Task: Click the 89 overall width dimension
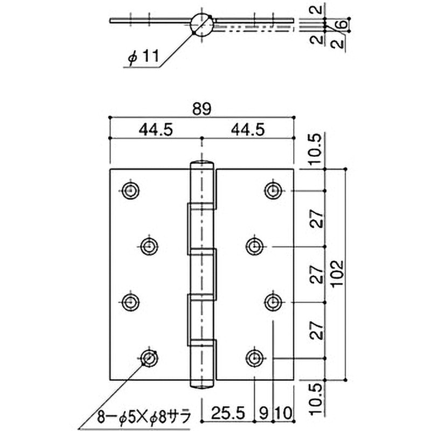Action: [x=201, y=109]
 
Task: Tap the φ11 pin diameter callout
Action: [x=144, y=57]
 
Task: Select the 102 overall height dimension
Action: [x=337, y=274]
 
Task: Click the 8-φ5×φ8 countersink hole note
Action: [x=144, y=416]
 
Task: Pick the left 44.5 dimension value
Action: [x=156, y=129]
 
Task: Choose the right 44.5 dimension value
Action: [x=248, y=129]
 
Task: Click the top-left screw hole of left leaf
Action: [x=130, y=190]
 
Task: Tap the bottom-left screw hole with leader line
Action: [x=149, y=358]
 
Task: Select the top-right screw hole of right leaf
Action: [x=273, y=190]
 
